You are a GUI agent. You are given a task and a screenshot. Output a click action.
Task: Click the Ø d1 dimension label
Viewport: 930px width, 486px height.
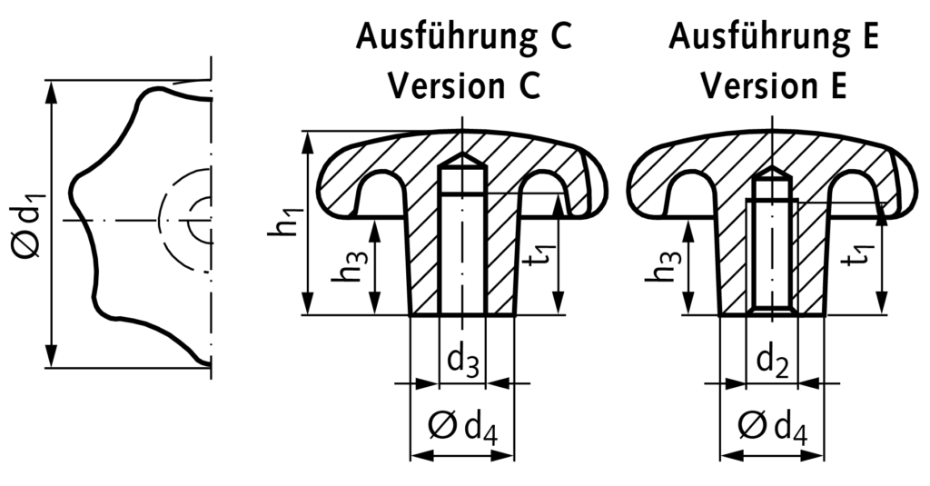(28, 223)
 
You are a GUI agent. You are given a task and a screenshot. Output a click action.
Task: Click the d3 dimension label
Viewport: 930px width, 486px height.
(462, 362)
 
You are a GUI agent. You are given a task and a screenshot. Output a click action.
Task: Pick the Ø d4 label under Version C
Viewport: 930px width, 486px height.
(463, 425)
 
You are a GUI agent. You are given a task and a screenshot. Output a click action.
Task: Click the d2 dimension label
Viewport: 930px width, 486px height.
(772, 362)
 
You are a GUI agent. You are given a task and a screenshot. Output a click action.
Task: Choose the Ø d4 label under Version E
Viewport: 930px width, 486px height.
(772, 425)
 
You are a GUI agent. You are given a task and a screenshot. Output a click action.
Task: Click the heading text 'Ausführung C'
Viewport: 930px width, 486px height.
(463, 37)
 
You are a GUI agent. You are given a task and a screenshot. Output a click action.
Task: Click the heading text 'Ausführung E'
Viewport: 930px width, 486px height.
(774, 37)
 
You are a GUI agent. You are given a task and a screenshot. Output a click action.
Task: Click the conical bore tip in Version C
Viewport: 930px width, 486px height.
(463, 159)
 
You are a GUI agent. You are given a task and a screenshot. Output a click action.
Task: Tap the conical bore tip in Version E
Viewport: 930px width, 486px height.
(772, 171)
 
